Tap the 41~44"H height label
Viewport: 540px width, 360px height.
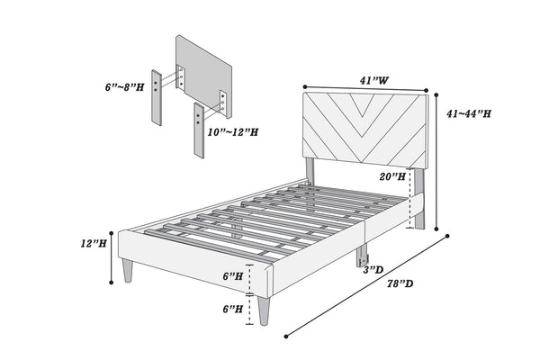point(469,115)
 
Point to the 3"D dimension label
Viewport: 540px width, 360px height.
point(375,270)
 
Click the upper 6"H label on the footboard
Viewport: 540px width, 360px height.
point(231,276)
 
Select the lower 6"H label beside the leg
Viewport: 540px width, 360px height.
point(231,309)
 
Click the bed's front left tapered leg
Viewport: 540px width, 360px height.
point(128,269)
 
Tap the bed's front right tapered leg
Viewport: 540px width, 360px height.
point(264,309)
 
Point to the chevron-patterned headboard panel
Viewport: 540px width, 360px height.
point(364,128)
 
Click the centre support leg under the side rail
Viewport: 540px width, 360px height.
point(364,257)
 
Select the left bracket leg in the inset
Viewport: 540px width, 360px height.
point(159,96)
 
